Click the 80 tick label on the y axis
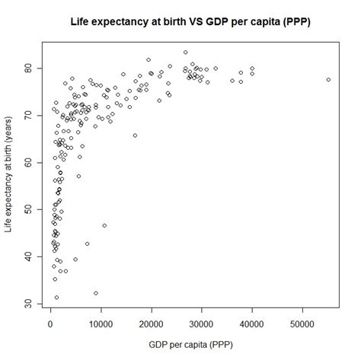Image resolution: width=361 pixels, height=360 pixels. coord(27,67)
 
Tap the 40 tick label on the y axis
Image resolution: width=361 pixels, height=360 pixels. coord(27,256)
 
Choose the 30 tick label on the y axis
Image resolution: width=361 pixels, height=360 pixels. coord(27,304)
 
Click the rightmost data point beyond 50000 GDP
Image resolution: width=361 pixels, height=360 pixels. coord(328,79)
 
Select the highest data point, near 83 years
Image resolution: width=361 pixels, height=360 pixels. coord(185,53)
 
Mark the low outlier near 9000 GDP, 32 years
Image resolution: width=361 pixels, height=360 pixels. coord(96,293)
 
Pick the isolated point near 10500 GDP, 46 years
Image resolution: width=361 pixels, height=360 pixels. coord(104,225)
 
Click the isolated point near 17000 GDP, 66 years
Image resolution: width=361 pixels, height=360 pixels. coord(135,135)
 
